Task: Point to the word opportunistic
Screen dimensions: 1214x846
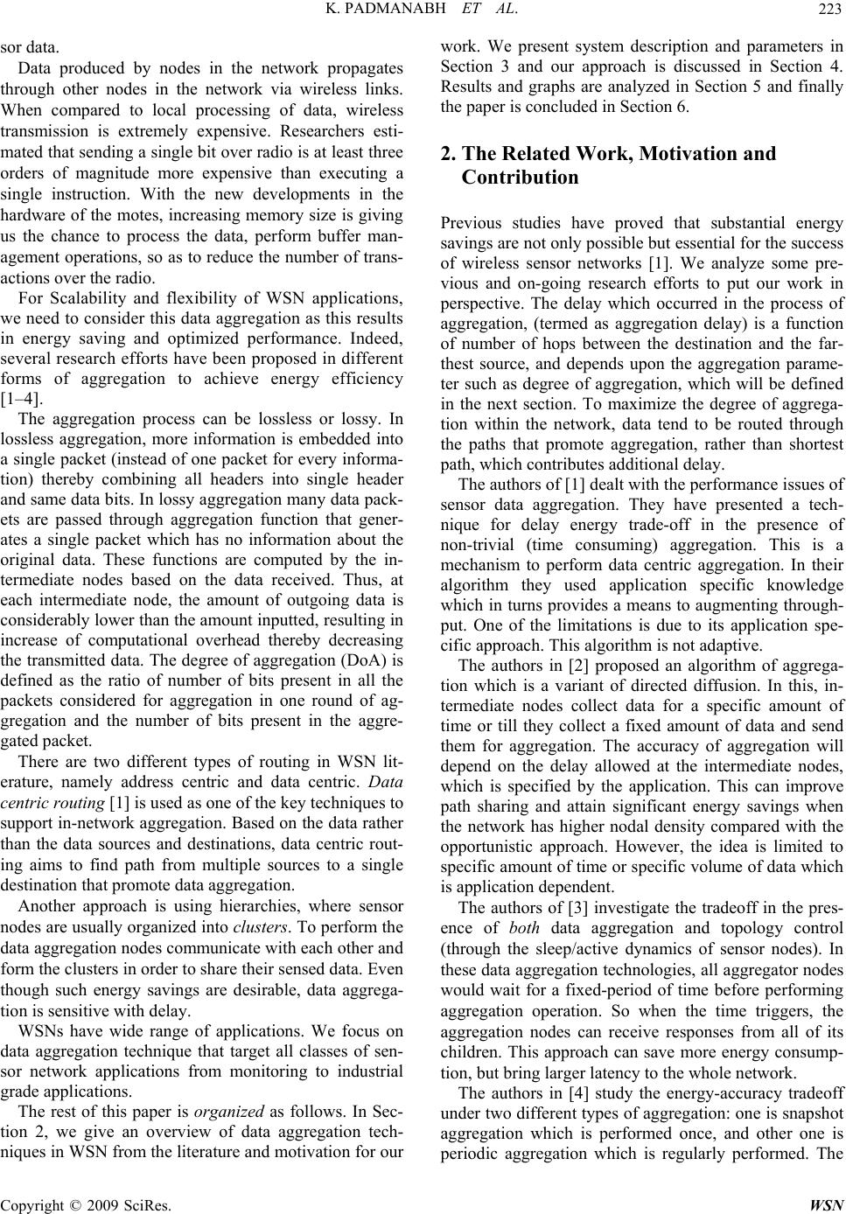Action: (x=491, y=851)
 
